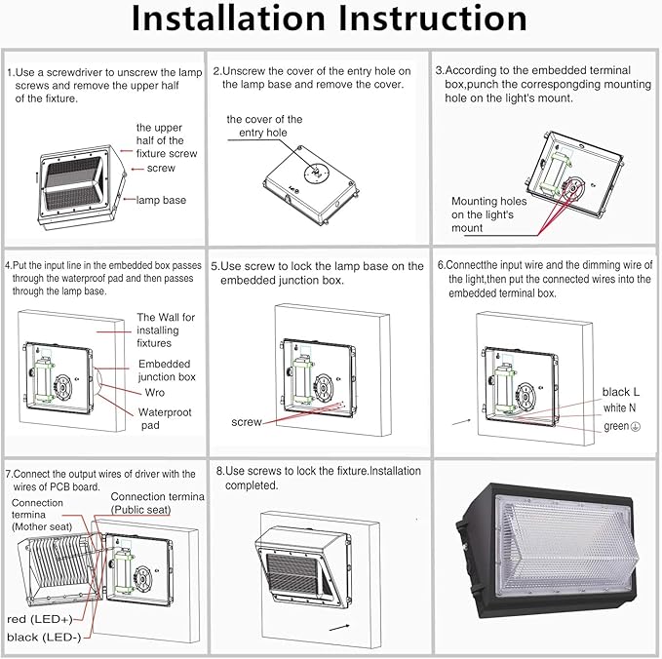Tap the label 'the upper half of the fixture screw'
coord(166,140)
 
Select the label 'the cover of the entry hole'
coord(264,126)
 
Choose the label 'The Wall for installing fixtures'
coord(166,329)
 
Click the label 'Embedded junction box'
coord(166,369)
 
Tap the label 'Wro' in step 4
coord(154,392)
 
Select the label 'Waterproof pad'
coord(165,418)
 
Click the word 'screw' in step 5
coord(246,422)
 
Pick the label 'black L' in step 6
coord(621,391)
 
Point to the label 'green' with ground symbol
coord(620,426)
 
